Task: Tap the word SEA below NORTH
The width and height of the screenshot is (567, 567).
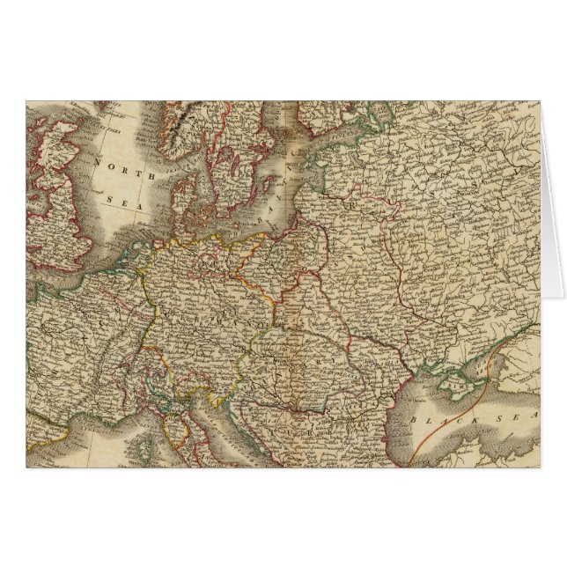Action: [x=118, y=202]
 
